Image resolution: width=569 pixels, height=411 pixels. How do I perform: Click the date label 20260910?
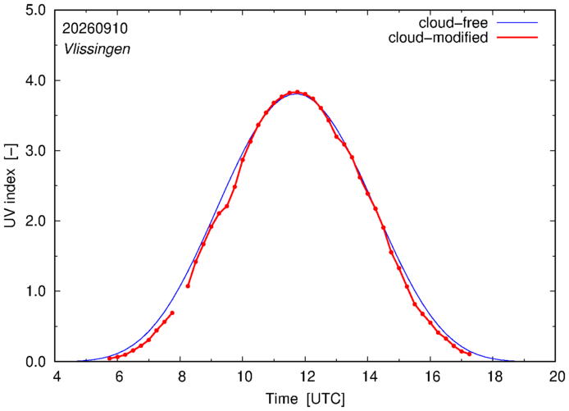click(95, 29)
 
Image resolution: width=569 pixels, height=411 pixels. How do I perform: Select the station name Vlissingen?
click(97, 49)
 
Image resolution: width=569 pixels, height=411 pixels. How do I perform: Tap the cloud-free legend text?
click(453, 23)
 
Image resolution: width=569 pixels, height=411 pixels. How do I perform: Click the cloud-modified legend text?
click(438, 38)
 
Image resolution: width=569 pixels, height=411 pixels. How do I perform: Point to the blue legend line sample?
click(517, 22)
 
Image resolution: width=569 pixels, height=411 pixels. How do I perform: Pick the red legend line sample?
click(517, 37)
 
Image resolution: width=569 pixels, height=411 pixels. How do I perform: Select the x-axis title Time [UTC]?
click(305, 399)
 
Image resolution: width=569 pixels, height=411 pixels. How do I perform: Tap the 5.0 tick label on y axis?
click(35, 10)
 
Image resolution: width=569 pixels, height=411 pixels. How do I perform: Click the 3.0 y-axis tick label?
click(35, 150)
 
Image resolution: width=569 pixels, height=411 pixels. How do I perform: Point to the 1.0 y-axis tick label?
click(35, 291)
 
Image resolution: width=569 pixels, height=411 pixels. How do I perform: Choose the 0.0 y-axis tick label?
click(35, 362)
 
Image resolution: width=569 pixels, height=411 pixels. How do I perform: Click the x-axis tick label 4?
click(57, 377)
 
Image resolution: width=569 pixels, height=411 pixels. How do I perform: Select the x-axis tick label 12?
click(307, 377)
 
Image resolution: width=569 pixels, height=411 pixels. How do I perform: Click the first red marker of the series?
click(110, 358)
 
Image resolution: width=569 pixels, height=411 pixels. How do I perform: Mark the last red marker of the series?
click(469, 354)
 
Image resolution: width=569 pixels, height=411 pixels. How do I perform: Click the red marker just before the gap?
click(172, 313)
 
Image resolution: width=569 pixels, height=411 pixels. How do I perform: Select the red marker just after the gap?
click(188, 286)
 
